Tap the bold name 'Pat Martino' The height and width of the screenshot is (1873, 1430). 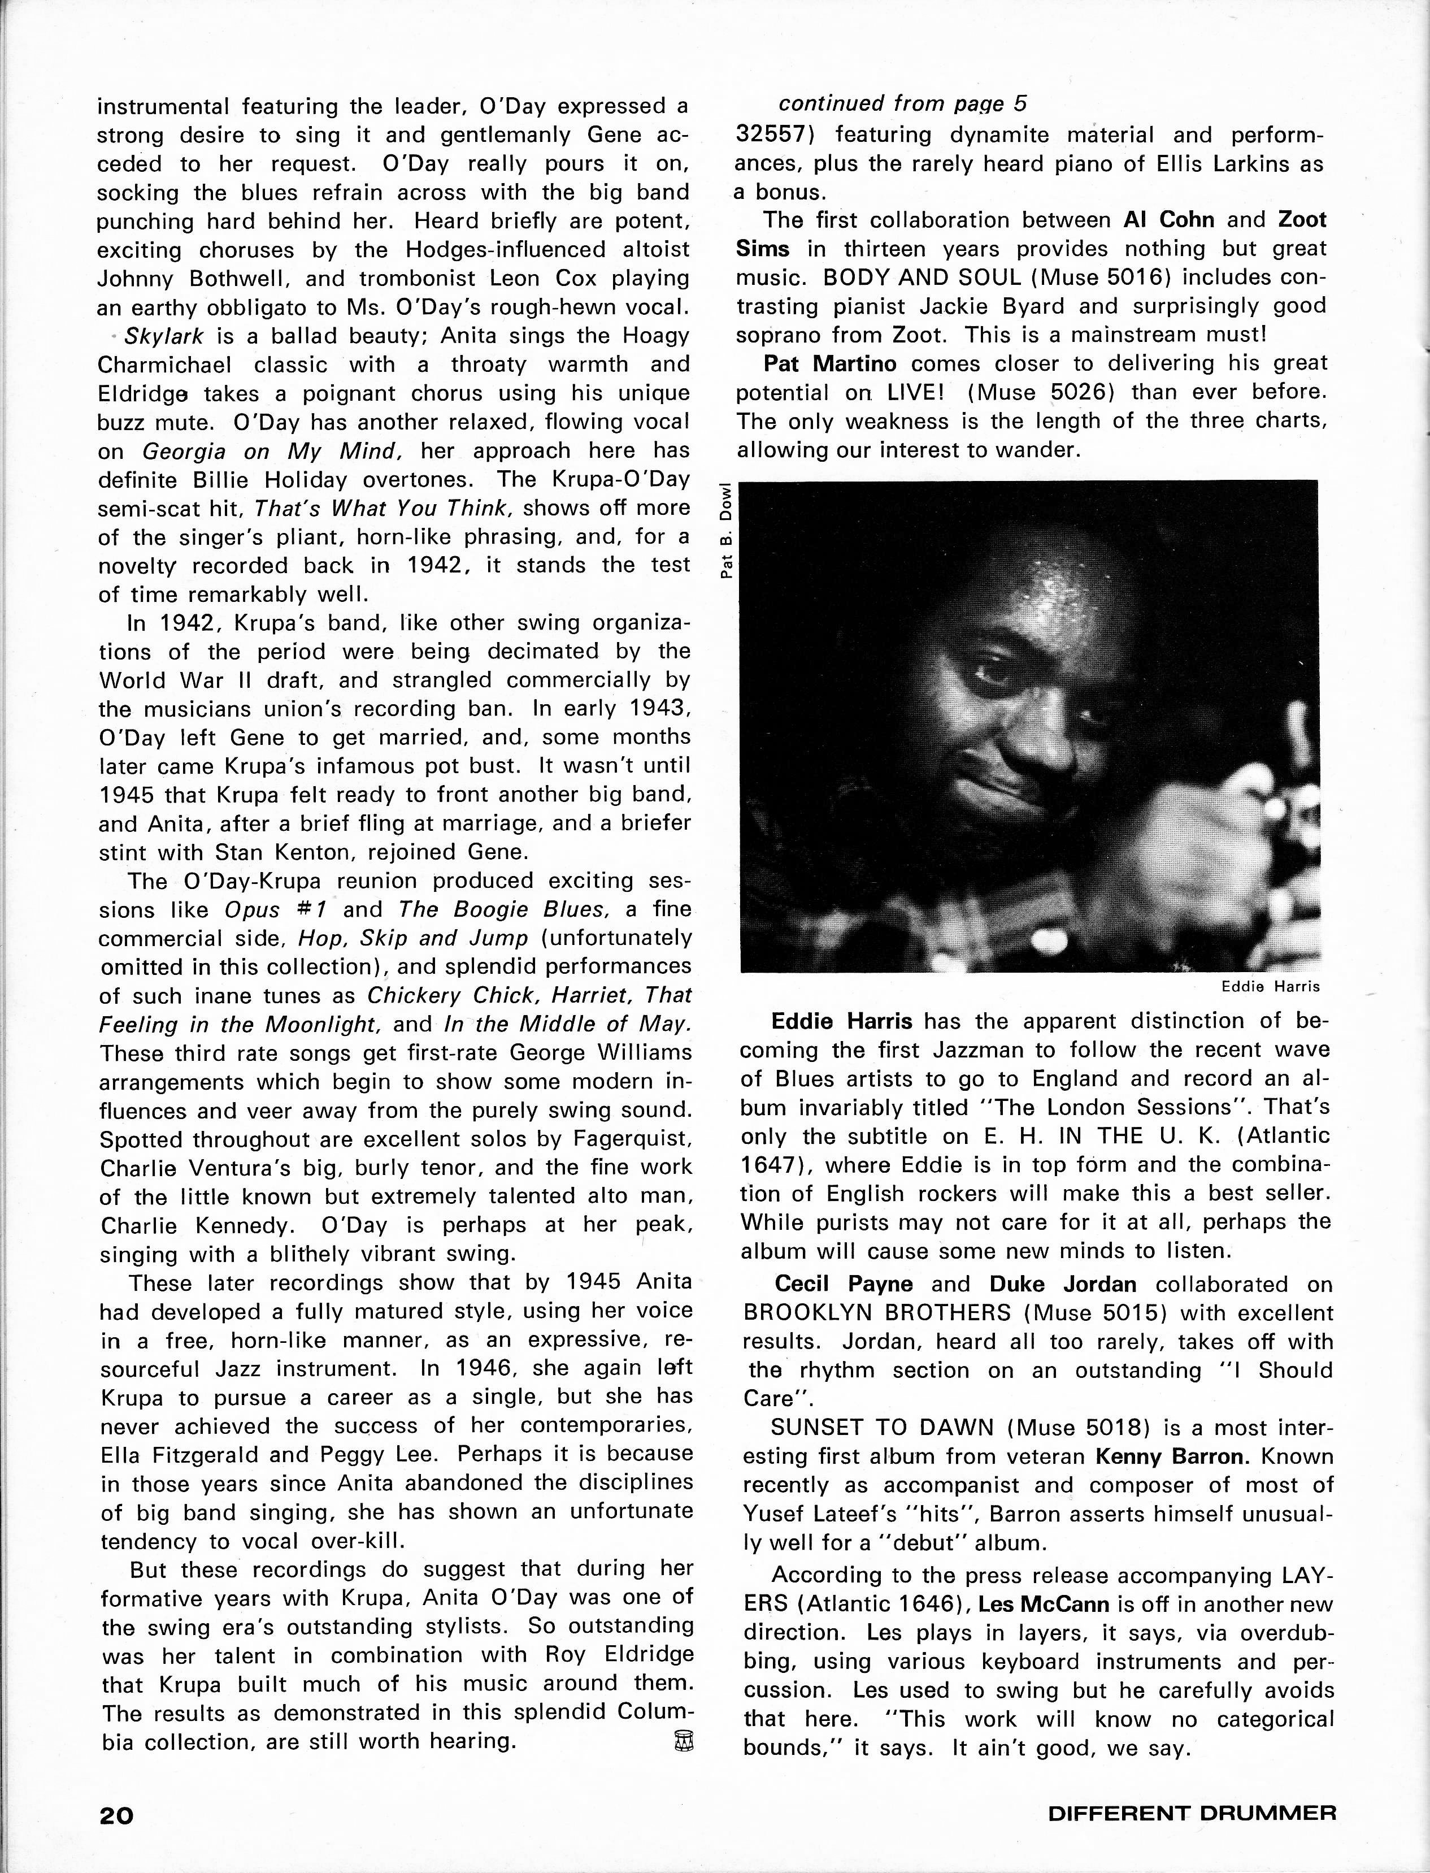tap(830, 363)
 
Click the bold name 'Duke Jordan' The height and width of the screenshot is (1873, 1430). tap(1062, 1284)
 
